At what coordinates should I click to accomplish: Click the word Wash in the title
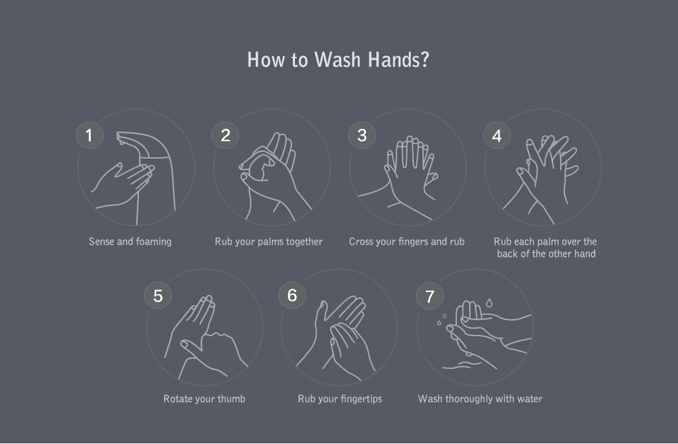[x=337, y=60]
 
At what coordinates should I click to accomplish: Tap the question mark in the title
[x=424, y=60]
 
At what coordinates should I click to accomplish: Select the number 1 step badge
[x=89, y=136]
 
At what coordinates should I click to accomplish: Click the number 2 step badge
[x=225, y=136]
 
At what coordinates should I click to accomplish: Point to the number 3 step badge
[x=362, y=136]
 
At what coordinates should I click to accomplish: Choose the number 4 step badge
[x=497, y=136]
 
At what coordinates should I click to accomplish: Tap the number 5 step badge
[x=158, y=296]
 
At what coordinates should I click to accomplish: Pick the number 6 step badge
[x=292, y=296]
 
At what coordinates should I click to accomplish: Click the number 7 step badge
[x=429, y=296]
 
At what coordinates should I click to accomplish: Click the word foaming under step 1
[x=153, y=242]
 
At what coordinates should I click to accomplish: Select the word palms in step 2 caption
[x=269, y=242]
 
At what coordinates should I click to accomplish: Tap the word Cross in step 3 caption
[x=361, y=242]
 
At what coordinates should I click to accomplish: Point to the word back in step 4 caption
[x=507, y=254]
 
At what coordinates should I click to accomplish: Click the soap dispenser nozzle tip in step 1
[x=119, y=138]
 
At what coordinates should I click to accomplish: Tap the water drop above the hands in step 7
[x=489, y=302]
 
